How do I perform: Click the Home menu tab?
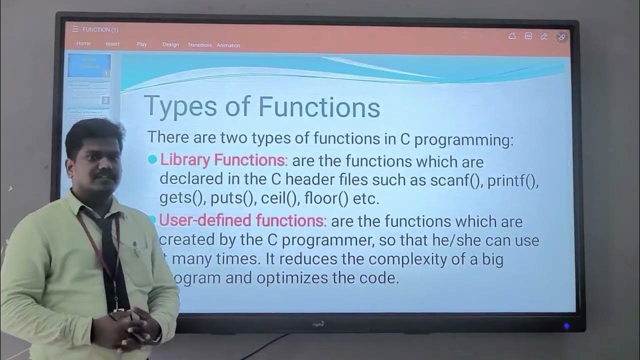click(83, 43)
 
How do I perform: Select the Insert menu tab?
click(112, 44)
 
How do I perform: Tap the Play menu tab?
click(142, 44)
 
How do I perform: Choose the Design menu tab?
click(170, 44)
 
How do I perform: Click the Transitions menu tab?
click(199, 45)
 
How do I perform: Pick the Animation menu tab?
click(228, 45)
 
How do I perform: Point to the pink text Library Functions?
click(222, 160)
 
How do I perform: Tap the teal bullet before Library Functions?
click(152, 160)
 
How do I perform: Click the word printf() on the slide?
click(512, 180)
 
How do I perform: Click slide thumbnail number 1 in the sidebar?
click(89, 65)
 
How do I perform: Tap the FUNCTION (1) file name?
click(100, 29)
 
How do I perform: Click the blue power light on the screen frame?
click(566, 326)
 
